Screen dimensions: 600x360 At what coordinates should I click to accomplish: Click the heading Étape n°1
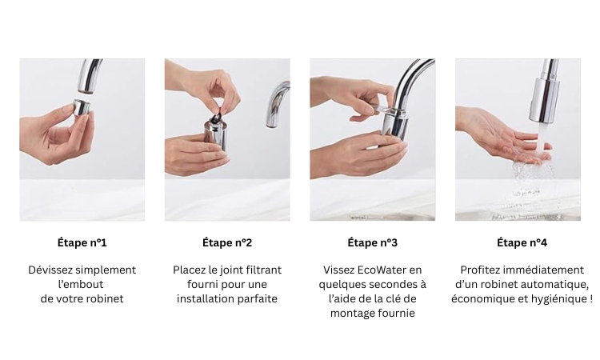82,242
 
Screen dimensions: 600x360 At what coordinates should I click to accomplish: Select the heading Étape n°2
227,242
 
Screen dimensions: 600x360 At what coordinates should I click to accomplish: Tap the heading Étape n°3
372,242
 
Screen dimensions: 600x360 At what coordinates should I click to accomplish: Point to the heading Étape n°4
522,242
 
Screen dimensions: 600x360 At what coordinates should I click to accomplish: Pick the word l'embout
81,284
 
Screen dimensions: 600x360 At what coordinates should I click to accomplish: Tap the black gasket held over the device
218,117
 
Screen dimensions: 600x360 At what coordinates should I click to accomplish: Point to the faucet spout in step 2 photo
278,104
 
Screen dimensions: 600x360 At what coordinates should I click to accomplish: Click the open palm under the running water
509,140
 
